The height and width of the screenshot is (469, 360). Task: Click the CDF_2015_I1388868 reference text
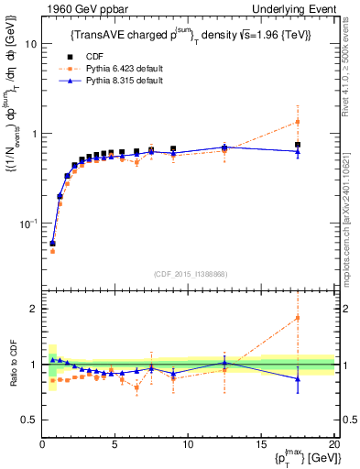pos(188,273)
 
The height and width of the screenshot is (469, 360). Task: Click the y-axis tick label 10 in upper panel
pos(29,44)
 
